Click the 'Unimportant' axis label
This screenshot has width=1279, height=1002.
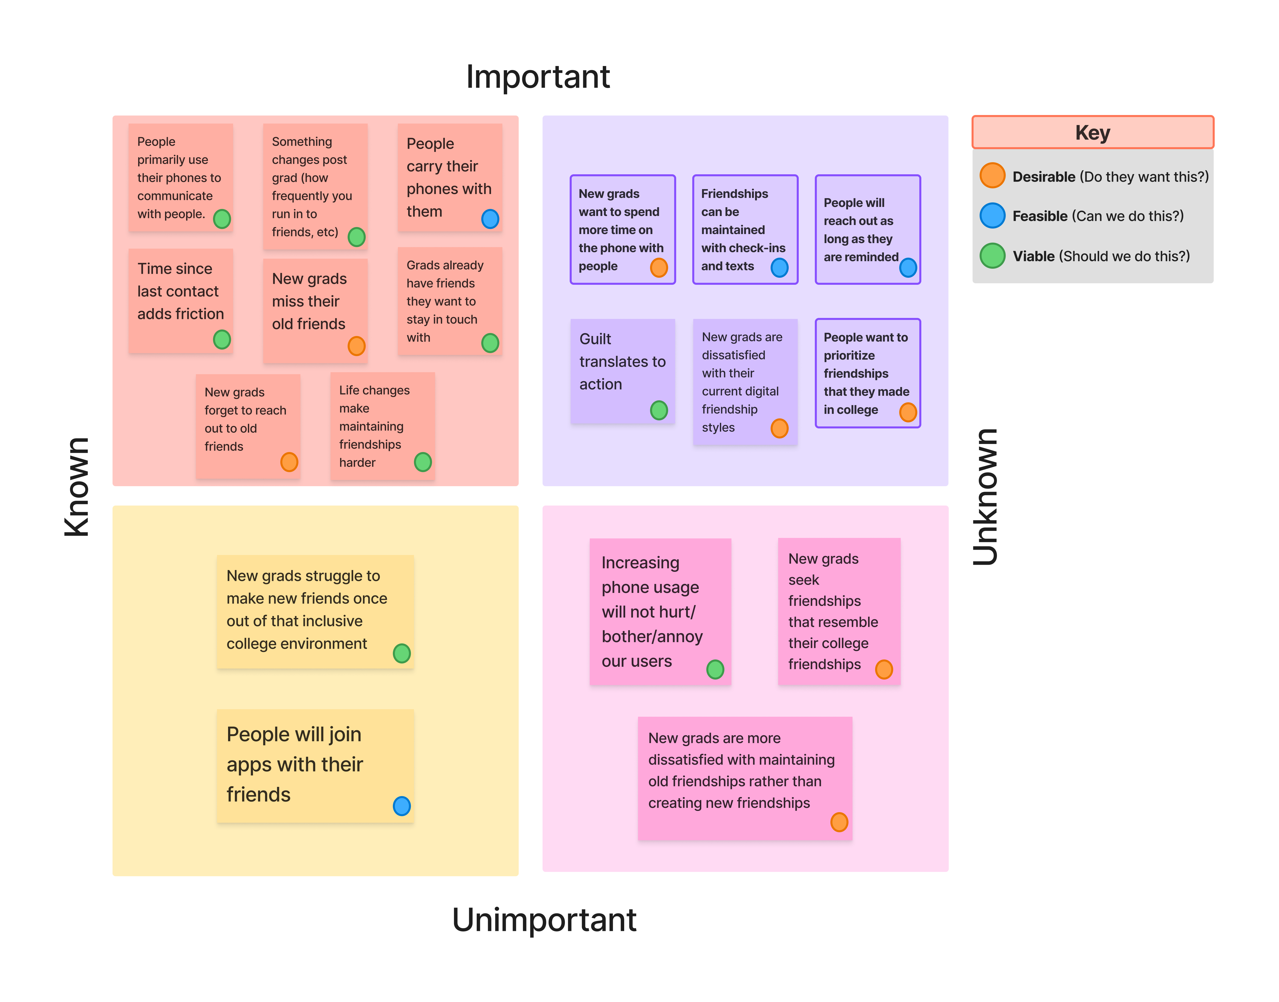pos(544,919)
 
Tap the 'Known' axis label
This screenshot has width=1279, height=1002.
pos(77,487)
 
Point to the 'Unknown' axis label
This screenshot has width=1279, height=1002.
pos(985,497)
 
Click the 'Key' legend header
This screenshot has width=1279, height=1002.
pos(1092,133)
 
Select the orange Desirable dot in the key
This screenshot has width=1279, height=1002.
pos(992,175)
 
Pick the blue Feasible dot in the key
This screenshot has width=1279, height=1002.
pos(992,215)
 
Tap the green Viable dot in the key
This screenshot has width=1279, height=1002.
pos(992,256)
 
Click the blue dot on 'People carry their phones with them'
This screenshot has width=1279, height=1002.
pos(490,219)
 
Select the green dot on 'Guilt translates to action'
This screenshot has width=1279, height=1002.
pos(659,410)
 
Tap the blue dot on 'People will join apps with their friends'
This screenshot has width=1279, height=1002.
pos(401,806)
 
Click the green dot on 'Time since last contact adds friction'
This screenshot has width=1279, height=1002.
pos(222,339)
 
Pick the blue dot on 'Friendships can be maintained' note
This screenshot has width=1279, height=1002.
pos(779,267)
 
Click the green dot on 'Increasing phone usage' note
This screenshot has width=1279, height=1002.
pos(715,669)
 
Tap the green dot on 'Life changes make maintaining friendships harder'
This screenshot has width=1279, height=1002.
pos(422,462)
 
